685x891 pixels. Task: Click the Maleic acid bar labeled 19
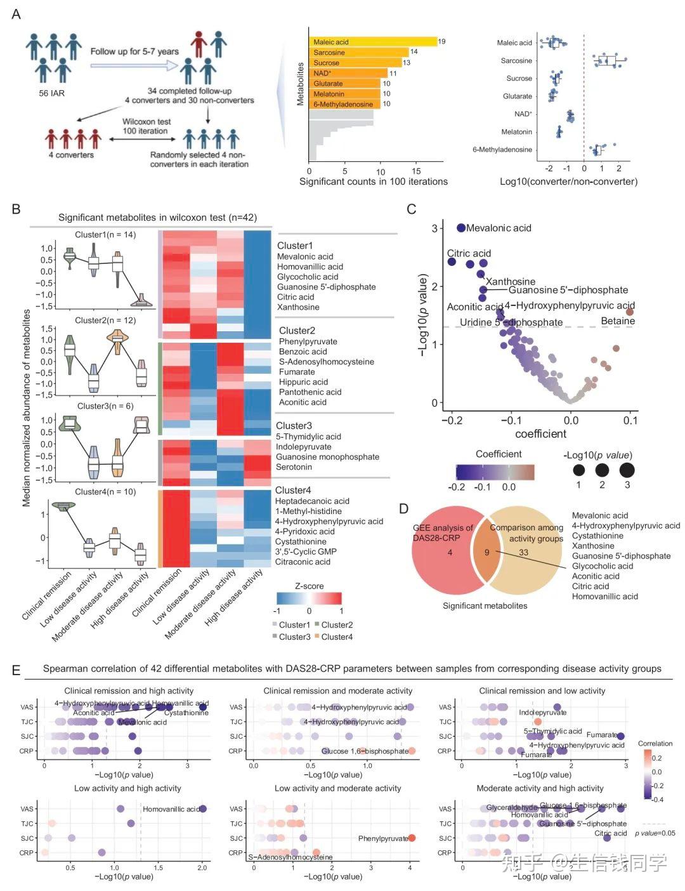[x=373, y=42]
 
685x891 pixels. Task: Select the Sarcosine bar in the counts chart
[x=358, y=52]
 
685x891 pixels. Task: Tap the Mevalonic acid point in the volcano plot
[x=461, y=228]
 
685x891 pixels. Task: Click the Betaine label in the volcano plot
[x=618, y=321]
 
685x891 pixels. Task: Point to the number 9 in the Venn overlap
[x=487, y=552]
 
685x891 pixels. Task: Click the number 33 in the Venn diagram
[x=523, y=552]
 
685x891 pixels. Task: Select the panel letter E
[x=16, y=670]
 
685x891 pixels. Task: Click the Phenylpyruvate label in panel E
[x=383, y=838]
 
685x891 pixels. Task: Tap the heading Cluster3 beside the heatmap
[x=294, y=426]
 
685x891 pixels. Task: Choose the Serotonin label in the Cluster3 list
[x=294, y=467]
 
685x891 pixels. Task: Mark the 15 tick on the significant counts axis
[x=416, y=171]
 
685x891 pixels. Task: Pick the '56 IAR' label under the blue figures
[x=51, y=93]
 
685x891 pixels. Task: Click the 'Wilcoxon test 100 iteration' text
[x=146, y=126]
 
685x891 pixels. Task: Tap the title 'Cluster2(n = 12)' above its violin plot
[x=105, y=320]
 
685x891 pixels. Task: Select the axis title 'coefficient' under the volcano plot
[x=540, y=434]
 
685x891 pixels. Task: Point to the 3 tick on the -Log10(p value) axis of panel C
[x=435, y=228]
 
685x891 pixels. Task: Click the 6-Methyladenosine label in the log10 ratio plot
[x=502, y=150]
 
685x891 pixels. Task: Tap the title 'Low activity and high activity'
[x=127, y=788]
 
